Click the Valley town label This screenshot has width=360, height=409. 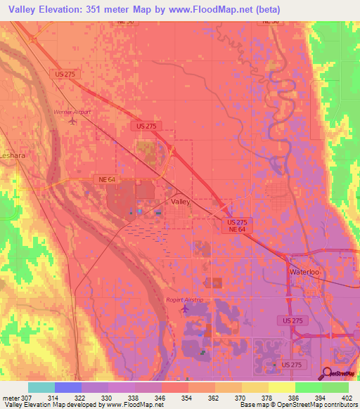[181, 201]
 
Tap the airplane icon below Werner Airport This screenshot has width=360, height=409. [73, 121]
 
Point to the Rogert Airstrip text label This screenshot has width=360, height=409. [184, 299]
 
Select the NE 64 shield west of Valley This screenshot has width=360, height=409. [107, 180]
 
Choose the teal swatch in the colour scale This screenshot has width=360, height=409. [41, 387]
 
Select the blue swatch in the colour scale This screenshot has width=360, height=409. [68, 387]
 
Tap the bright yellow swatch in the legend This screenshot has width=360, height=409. [282, 387]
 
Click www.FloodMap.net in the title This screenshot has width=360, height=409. [214, 9]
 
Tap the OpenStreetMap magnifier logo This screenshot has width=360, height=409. [326, 373]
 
